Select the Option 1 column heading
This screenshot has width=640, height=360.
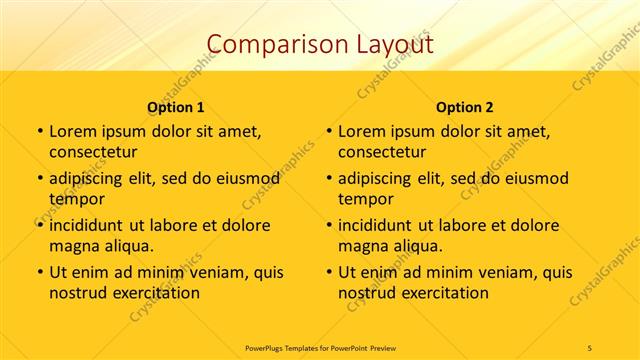(176, 106)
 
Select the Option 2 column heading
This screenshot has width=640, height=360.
(465, 106)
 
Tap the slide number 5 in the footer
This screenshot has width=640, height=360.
(590, 347)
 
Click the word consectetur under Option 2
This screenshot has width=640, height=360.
(382, 152)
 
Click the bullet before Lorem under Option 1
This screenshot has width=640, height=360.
(40, 131)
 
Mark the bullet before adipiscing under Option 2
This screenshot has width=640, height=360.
(329, 179)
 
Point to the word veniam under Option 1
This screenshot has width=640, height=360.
(211, 272)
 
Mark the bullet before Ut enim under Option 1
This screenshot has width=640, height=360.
(40, 272)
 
